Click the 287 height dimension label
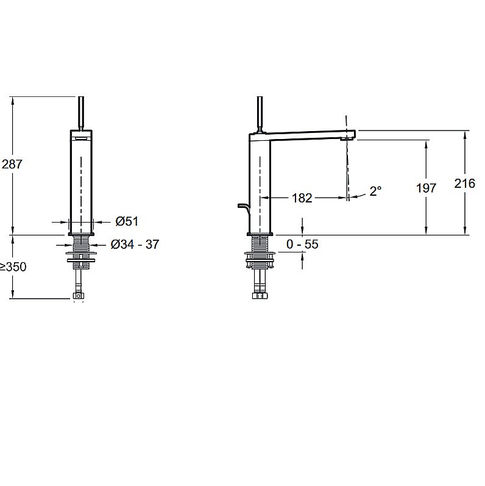12,164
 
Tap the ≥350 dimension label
13,266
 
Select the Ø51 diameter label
127,221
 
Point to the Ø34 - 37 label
135,245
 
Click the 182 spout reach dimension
302,198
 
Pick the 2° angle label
375,191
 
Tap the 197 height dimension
426,188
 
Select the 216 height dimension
464,184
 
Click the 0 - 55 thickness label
302,245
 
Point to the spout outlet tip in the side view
347,140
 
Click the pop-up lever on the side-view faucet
243,209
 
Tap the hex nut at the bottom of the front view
79,296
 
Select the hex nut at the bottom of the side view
260,295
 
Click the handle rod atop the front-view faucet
81,113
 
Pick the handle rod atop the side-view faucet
260,115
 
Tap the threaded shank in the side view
260,245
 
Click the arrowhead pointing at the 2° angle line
353,197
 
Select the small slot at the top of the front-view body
81,138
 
